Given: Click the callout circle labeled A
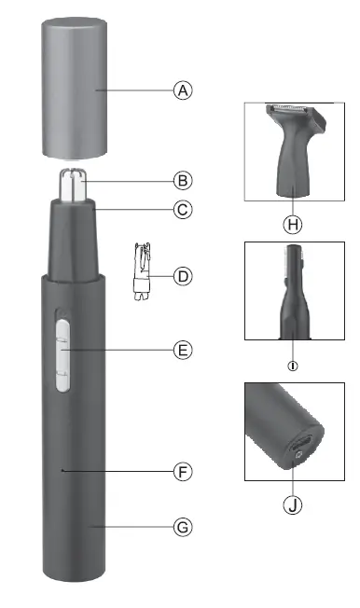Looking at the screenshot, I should [184, 90].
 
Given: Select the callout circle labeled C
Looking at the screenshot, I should [184, 210].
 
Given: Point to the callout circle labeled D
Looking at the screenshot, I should [184, 276].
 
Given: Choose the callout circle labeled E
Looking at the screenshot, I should [184, 351].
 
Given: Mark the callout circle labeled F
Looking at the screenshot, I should [184, 472].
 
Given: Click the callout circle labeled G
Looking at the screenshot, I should [184, 528].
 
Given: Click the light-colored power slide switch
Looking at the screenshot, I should [62, 352].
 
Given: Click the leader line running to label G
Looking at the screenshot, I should [140, 528].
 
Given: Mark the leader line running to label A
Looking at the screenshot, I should [140, 90].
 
